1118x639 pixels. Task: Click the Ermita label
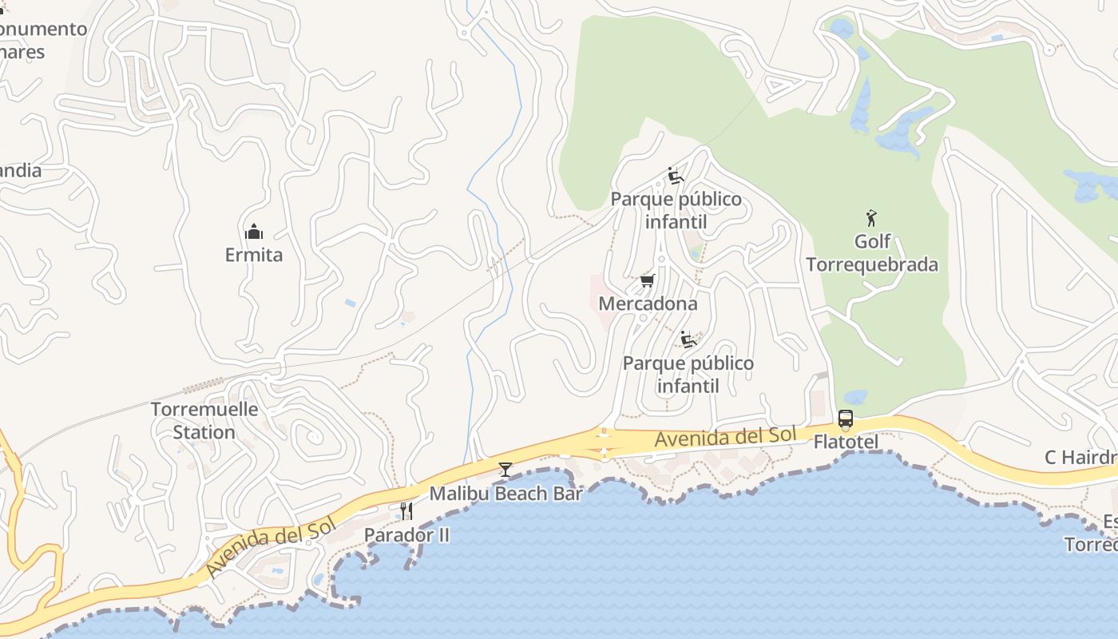tap(253, 255)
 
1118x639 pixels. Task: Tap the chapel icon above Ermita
tap(254, 232)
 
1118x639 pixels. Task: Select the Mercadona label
tap(648, 304)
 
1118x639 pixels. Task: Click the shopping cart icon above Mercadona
tap(648, 280)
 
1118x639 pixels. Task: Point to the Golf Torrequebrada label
tap(871, 253)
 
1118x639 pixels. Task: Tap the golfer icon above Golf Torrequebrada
tap(871, 217)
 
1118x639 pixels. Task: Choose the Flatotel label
tap(846, 442)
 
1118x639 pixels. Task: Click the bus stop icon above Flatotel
tap(846, 419)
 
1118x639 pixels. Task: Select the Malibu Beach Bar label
tap(506, 494)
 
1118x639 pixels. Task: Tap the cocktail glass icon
tap(505, 469)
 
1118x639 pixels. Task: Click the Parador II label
tap(406, 534)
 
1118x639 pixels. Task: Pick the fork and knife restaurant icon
tap(407, 510)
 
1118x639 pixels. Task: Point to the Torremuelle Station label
tap(204, 421)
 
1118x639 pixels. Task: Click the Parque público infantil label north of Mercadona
tap(676, 210)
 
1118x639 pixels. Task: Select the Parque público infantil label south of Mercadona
tap(688, 375)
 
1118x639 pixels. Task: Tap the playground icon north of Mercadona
tap(676, 176)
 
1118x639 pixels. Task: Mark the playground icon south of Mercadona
tap(688, 339)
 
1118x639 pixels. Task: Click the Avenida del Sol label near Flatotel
tap(725, 437)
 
